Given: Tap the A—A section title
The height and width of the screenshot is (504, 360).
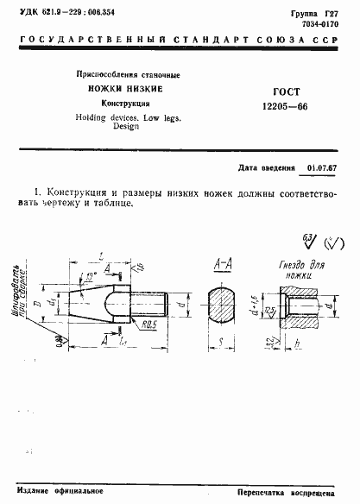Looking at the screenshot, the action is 221,264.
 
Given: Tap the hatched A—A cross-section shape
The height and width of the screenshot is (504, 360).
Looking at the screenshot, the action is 221,306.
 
